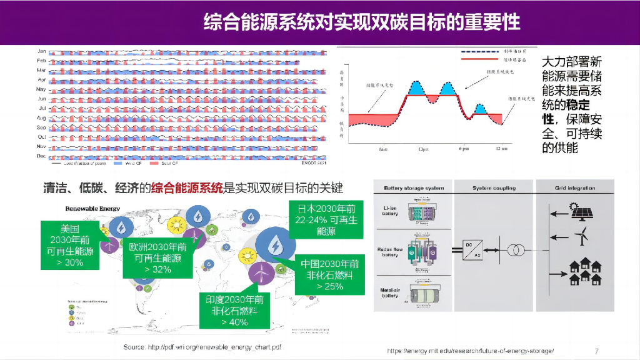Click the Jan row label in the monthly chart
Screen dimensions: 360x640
click(x=41, y=51)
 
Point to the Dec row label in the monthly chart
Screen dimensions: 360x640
click(x=41, y=155)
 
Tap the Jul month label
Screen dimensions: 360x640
click(x=41, y=108)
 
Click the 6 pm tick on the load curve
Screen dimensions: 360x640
click(x=463, y=149)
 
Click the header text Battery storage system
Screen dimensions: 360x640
click(x=413, y=188)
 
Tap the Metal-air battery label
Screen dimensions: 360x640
click(x=390, y=292)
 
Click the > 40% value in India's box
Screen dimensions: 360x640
click(x=234, y=322)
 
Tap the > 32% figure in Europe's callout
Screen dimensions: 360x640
click(x=157, y=269)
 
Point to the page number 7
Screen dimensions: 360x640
click(x=597, y=351)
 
